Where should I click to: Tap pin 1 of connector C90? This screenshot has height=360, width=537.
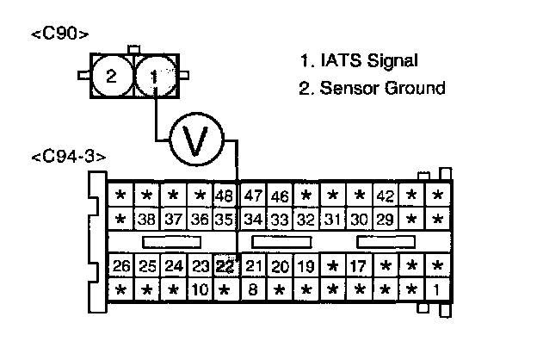click(154, 76)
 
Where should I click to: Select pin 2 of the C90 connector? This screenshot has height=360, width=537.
click(111, 76)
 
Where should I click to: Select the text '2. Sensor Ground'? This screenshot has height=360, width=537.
click(372, 88)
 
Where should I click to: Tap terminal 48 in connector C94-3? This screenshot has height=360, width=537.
click(225, 196)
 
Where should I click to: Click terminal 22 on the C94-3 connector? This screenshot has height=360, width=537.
click(225, 265)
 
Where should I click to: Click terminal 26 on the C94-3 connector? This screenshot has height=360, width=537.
click(121, 265)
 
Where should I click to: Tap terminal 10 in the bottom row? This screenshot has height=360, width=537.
click(199, 289)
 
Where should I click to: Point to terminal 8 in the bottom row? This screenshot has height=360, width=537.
click(253, 289)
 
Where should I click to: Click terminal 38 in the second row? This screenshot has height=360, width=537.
click(147, 219)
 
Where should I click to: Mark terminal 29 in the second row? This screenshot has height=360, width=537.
click(385, 219)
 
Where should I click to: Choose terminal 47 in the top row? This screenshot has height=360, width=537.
click(253, 196)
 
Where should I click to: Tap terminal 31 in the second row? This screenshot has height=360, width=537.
click(333, 219)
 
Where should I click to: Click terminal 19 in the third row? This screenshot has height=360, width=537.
click(306, 265)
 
